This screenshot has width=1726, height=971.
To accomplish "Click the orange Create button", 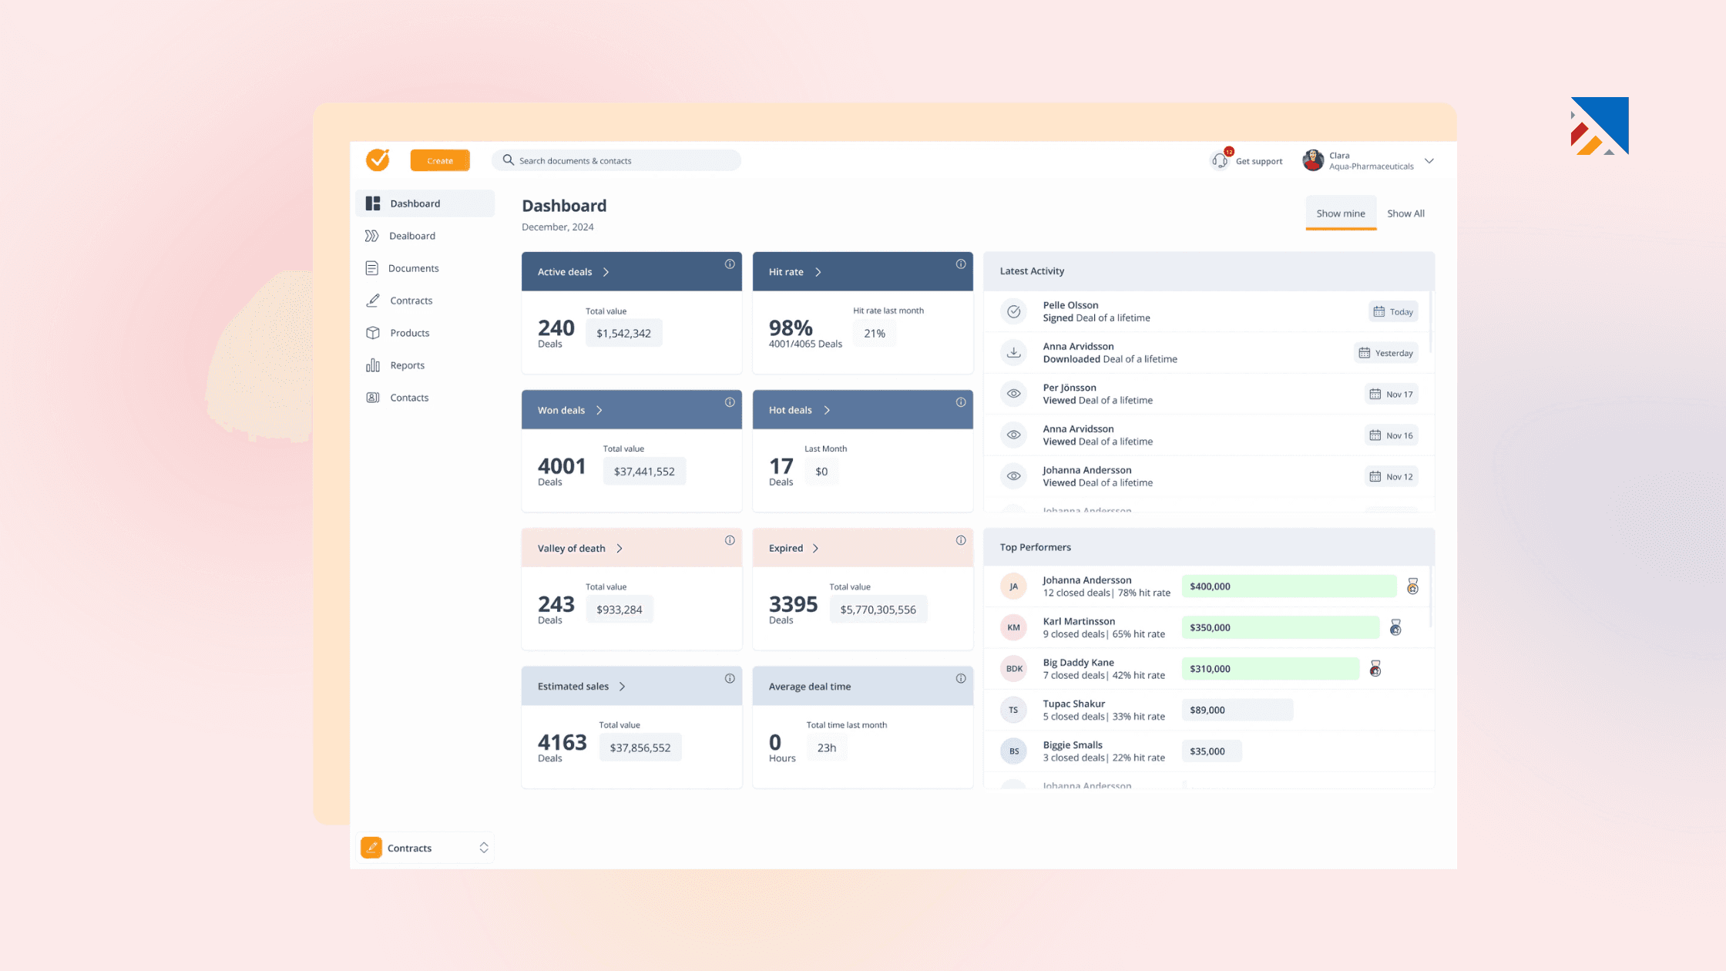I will click(x=440, y=160).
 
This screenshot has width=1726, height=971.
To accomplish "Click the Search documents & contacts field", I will click(x=616, y=160).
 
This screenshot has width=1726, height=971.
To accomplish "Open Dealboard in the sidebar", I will click(x=412, y=236).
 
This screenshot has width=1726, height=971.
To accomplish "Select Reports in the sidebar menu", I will click(x=407, y=365).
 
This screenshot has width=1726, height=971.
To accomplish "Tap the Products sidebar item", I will click(x=409, y=333).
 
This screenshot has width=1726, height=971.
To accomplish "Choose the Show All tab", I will click(x=1405, y=213).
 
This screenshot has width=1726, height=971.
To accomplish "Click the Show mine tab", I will click(x=1340, y=213).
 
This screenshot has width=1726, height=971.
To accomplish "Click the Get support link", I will click(x=1258, y=161).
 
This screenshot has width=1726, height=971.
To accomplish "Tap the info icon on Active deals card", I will click(x=730, y=264).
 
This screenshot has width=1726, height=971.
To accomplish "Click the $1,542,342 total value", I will click(x=623, y=333).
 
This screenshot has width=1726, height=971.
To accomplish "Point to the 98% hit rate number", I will click(x=791, y=328).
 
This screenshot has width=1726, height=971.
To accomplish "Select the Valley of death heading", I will click(x=572, y=548).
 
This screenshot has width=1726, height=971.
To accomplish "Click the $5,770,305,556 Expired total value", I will click(x=878, y=610).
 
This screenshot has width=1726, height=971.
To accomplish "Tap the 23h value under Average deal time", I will click(x=827, y=748).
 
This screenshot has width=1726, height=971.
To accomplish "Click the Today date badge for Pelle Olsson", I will click(x=1393, y=312).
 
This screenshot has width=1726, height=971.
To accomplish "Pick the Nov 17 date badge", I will click(x=1391, y=395).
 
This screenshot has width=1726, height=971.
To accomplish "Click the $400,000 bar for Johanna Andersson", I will click(x=1288, y=586).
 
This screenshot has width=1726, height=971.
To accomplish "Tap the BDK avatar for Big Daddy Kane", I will click(x=1014, y=669).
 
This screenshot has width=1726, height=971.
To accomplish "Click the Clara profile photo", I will click(x=1313, y=160).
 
